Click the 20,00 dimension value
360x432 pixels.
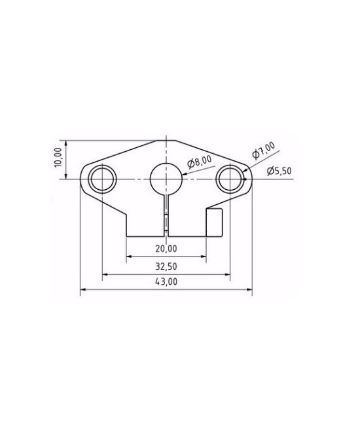point(166,249)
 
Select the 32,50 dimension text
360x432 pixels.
point(166,266)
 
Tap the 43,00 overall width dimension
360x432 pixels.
point(166,282)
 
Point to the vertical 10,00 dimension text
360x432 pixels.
point(58,158)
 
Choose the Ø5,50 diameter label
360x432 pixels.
point(279,171)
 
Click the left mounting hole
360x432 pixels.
point(103,178)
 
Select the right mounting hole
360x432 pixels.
point(231,178)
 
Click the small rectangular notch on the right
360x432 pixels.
point(215,222)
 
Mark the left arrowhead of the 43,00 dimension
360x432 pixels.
point(82,291)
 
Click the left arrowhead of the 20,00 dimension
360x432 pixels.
point(129,257)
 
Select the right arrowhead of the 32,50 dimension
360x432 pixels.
point(228,274)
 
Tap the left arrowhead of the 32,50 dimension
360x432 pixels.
point(105,274)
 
